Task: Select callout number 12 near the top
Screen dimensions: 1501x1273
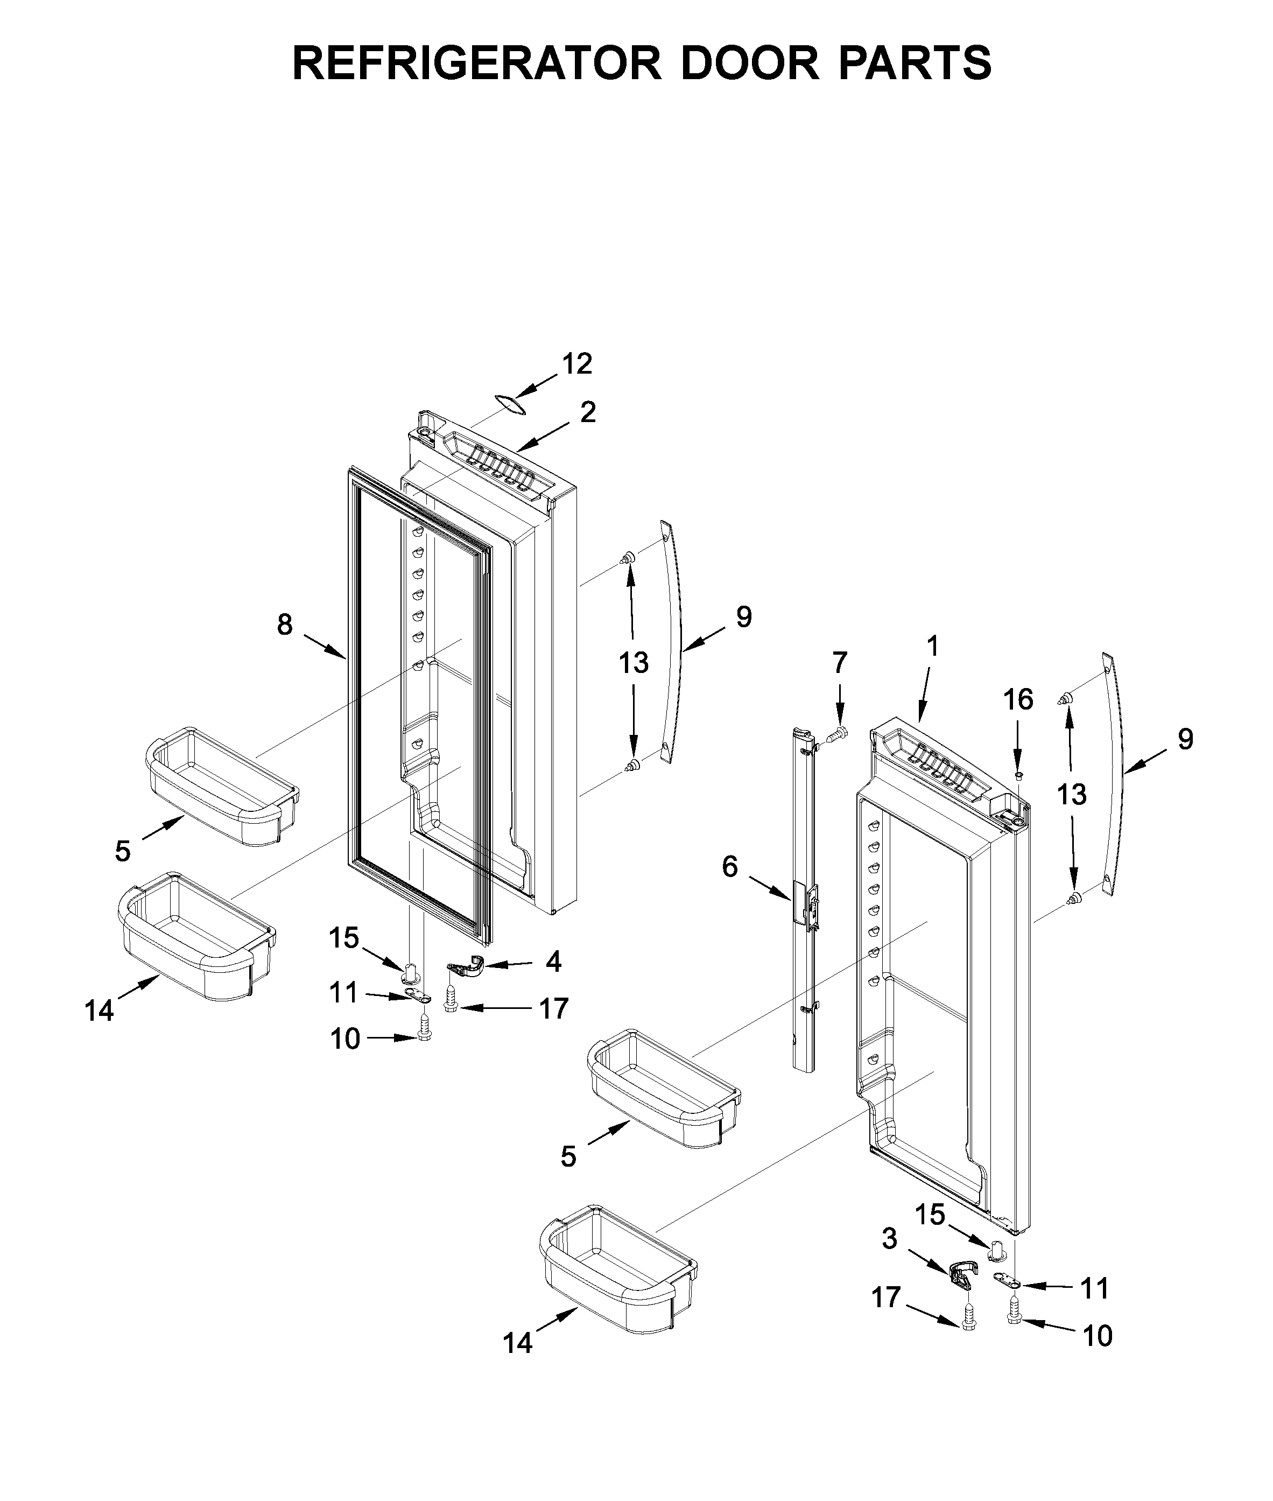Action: [578, 364]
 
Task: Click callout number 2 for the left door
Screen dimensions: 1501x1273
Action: [588, 413]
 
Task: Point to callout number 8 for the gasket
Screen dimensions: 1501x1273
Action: [285, 624]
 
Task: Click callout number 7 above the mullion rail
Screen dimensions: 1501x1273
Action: [839, 662]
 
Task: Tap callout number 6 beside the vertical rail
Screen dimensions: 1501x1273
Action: [730, 867]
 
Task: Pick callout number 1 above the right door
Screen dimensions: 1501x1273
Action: [933, 647]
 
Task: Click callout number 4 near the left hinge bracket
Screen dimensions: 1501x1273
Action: [553, 961]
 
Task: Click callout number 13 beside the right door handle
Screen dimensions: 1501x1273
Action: [1072, 795]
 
